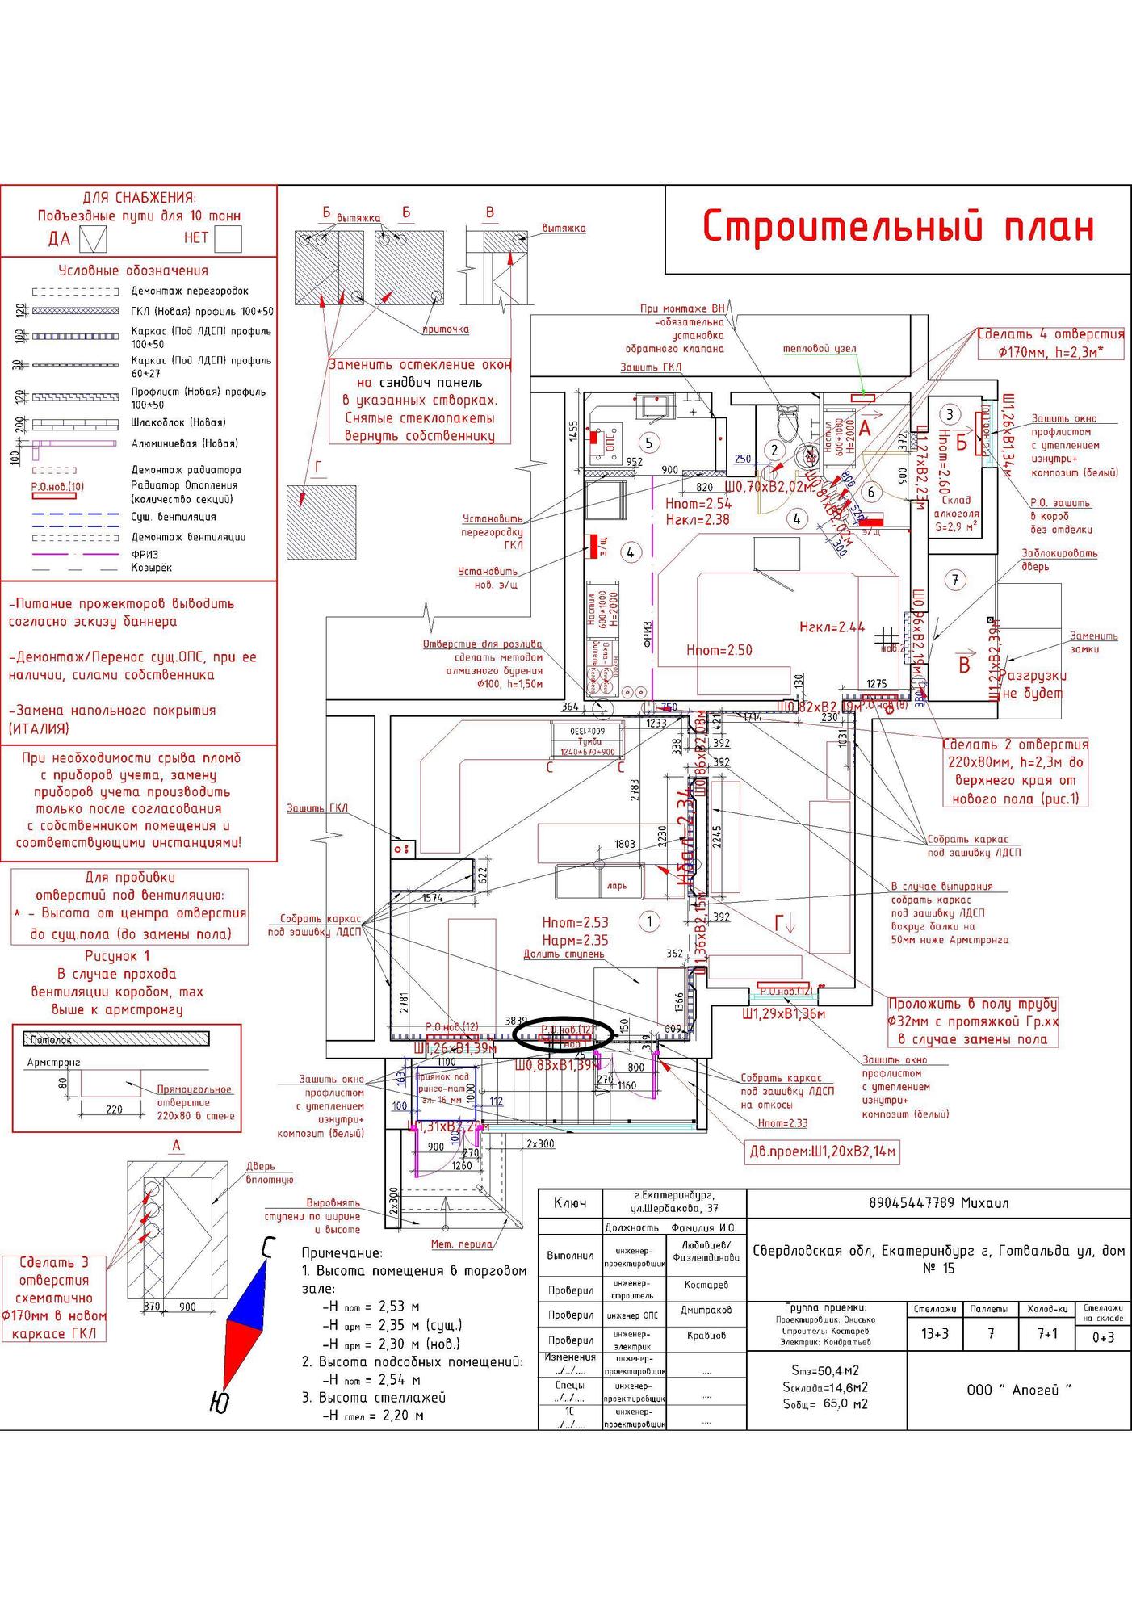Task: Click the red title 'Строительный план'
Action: pos(898,227)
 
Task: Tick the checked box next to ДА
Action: pos(95,238)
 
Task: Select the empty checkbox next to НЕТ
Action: pos(228,238)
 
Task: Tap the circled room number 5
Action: pos(648,442)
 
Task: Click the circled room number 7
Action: pos(955,579)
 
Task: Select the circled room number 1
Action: pos(648,921)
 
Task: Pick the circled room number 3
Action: pos(950,414)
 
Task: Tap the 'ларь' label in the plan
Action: pos(617,886)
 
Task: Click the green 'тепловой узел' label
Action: pos(820,349)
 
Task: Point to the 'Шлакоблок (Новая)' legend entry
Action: pos(178,422)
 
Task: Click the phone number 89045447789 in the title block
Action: pos(938,1202)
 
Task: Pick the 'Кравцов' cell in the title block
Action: pos(706,1336)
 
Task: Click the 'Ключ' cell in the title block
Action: pos(570,1203)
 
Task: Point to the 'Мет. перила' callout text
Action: pos(461,1244)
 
